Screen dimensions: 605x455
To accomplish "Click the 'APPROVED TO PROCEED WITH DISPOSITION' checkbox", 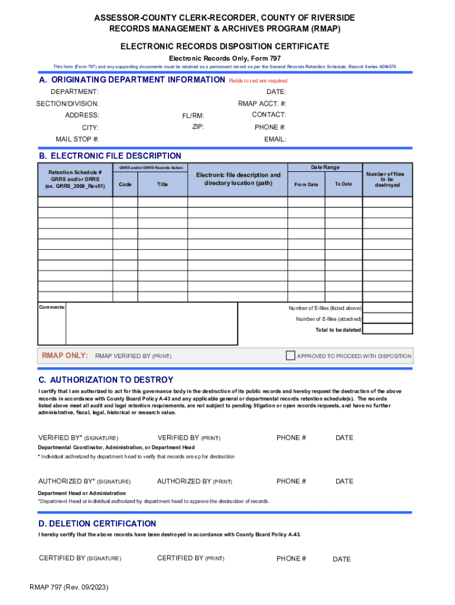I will pos(290,356).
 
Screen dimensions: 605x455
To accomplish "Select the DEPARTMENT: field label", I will pos(74,92).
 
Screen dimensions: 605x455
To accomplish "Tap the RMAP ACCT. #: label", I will pos(262,103).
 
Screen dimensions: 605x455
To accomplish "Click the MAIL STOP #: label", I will pos(77,139).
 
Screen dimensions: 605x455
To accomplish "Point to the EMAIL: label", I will pos(275,139).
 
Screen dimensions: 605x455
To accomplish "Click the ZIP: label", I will pos(198,127).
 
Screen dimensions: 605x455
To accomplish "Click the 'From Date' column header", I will pos(305,184).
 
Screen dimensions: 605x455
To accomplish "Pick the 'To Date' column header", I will pos(343,184).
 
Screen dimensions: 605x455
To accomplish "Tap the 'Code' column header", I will pos(125,184).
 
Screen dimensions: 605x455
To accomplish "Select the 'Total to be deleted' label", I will pos(338,330).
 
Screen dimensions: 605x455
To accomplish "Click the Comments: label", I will pos(52,308).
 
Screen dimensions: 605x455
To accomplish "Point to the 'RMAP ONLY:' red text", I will pos(65,356).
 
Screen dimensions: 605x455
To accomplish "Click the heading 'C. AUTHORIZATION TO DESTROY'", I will pos(106,380).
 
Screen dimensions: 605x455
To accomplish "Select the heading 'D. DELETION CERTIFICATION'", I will pos(97,523).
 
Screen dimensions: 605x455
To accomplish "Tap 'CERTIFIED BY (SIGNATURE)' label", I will pos(80,558).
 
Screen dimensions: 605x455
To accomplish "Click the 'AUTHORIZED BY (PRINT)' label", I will pos(194,482).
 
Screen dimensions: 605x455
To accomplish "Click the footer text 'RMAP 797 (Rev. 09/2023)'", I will pos(69,588).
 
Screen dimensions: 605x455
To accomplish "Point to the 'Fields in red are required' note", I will pos(258,81).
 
